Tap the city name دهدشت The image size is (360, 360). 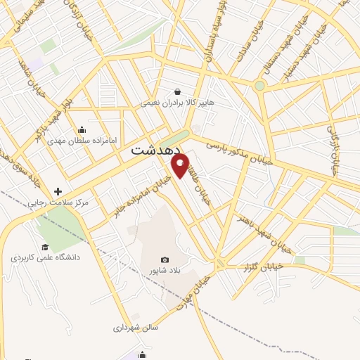(155, 150)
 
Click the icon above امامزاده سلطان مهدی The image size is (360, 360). (83, 129)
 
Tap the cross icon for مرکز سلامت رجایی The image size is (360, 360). (58, 191)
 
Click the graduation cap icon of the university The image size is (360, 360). (45, 247)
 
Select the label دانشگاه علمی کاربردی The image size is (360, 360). (46, 258)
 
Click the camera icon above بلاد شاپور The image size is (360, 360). (165, 260)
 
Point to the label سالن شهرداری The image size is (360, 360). (136, 328)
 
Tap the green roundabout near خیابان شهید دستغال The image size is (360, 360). (259, 86)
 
